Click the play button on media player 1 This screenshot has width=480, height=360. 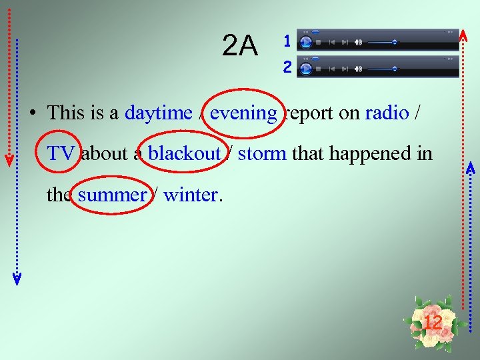(306, 42)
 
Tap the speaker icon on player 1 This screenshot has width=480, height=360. (358, 42)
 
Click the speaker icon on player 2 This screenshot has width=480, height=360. (358, 68)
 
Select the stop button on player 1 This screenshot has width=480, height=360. (319, 42)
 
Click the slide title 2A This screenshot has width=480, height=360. (239, 46)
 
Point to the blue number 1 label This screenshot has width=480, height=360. (287, 41)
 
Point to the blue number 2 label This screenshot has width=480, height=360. (287, 67)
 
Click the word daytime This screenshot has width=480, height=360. (158, 113)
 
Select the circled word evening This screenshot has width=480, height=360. (243, 113)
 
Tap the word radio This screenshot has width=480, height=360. (387, 113)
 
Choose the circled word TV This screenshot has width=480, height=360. (61, 153)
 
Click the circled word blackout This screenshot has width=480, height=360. (184, 153)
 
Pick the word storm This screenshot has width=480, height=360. (262, 153)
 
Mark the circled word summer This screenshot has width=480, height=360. (111, 195)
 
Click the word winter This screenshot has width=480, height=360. (190, 195)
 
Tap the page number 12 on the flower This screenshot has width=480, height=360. (433, 323)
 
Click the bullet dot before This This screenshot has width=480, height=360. (32, 113)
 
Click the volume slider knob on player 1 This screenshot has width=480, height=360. (395, 42)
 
